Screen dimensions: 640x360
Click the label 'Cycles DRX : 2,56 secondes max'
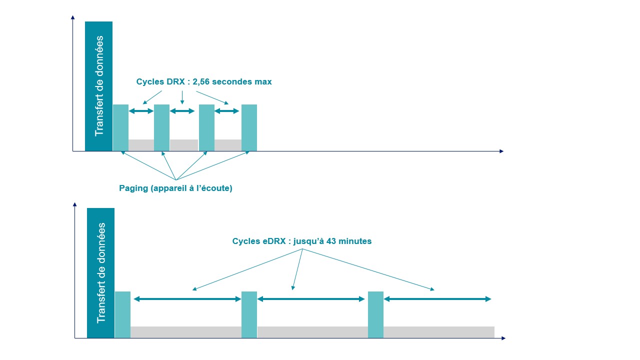(204, 81)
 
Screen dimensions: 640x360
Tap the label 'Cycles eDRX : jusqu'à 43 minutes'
(301, 241)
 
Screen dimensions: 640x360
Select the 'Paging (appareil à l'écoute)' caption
(175, 188)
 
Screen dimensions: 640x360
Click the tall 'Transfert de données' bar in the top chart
(98, 86)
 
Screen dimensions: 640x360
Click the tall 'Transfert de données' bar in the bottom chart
(100, 273)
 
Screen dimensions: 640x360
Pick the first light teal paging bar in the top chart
(120, 127)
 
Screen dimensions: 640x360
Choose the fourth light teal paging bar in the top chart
(249, 127)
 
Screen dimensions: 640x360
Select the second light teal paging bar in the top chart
(161, 127)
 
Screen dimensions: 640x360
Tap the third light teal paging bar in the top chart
(206, 127)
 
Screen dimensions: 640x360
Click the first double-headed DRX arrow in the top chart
(141, 111)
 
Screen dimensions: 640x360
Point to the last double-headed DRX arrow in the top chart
(226, 111)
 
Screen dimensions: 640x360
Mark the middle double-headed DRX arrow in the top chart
(182, 111)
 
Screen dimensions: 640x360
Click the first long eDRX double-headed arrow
(187, 299)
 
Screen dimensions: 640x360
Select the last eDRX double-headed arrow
(437, 299)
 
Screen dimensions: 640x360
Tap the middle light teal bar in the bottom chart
(249, 315)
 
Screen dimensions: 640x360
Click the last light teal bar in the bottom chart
(375, 315)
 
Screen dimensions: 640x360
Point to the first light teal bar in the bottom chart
(122, 315)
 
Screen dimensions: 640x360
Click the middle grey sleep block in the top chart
(184, 145)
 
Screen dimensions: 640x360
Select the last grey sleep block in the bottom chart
(439, 332)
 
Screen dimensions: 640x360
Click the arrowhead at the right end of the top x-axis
(501, 151)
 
